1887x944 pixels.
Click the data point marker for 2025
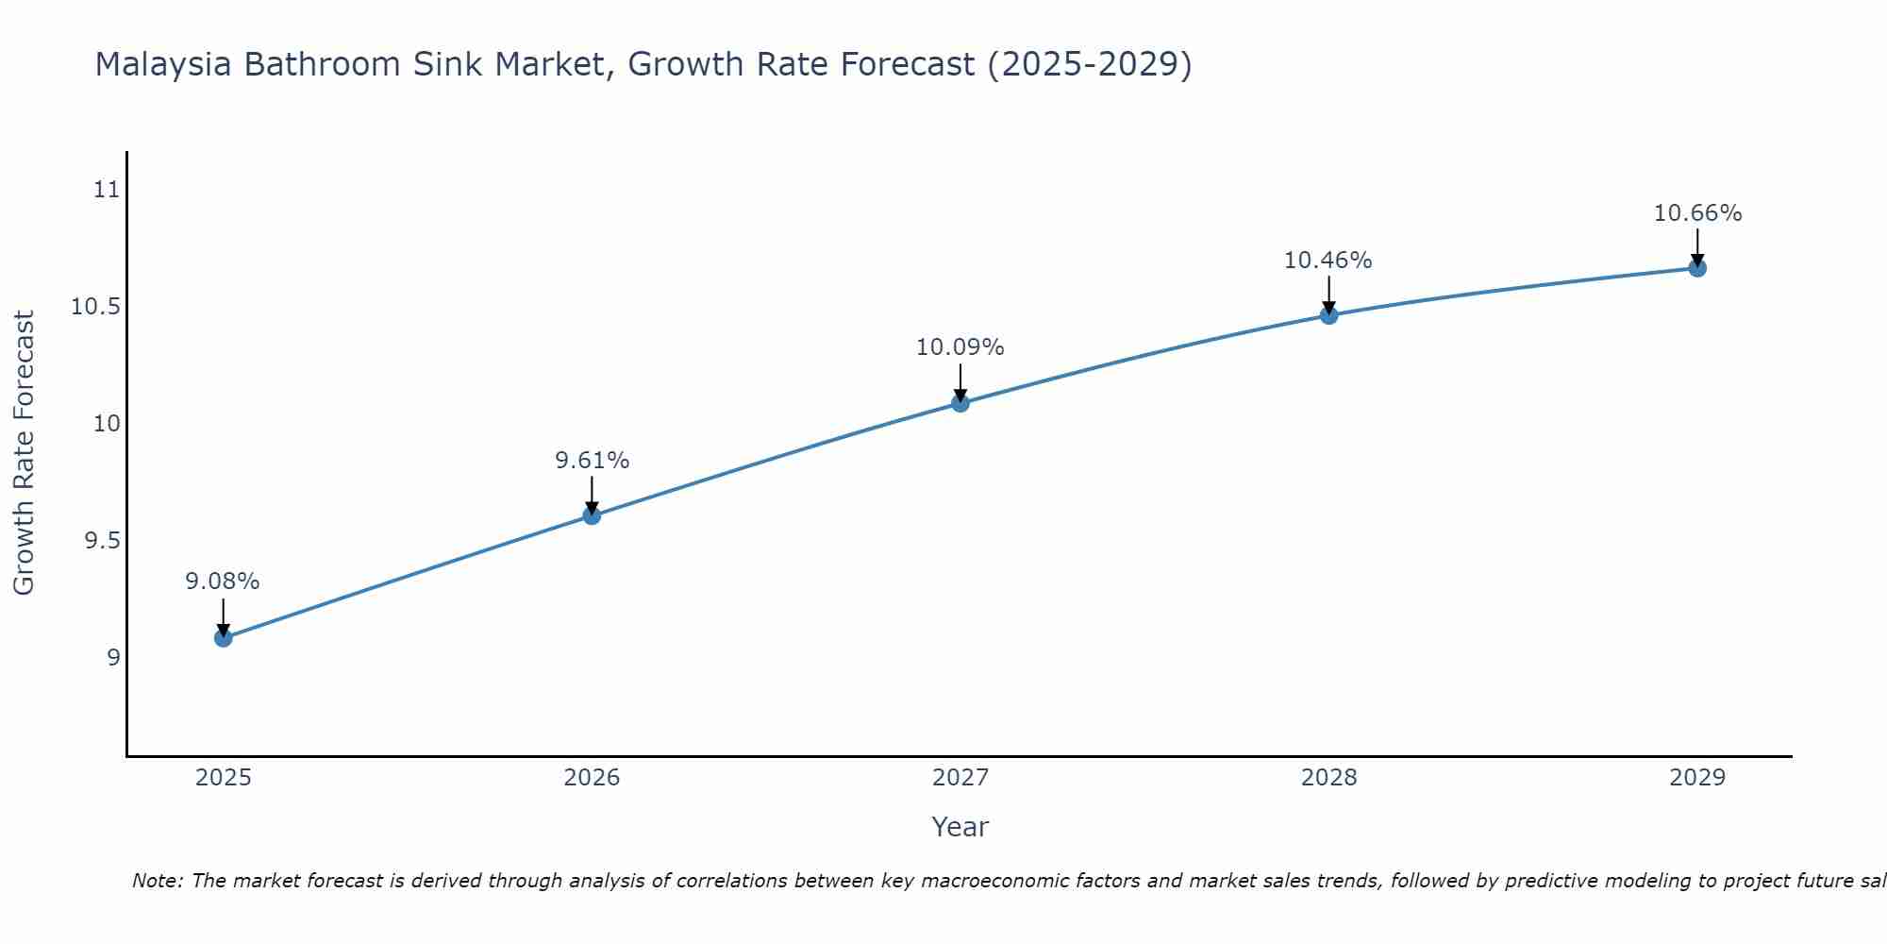tap(224, 638)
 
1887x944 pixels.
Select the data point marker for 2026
tap(592, 515)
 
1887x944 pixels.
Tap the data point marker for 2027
tap(960, 403)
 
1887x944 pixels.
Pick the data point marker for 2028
tap(1328, 315)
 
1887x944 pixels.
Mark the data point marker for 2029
tap(1697, 268)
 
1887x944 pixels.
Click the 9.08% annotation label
tap(223, 582)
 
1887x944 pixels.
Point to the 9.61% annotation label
tap(592, 461)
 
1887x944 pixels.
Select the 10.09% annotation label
tap(960, 347)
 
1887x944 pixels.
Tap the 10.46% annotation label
tap(1328, 261)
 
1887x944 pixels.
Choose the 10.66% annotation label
tap(1697, 213)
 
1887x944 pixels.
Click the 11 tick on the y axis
tap(107, 190)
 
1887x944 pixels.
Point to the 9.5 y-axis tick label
tap(102, 541)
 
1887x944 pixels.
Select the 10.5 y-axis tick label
tap(96, 307)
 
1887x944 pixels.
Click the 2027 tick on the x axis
tap(960, 778)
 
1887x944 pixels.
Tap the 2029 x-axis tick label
tap(1697, 778)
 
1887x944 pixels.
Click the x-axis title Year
tap(960, 827)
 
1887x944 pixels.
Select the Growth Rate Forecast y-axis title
tap(25, 453)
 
